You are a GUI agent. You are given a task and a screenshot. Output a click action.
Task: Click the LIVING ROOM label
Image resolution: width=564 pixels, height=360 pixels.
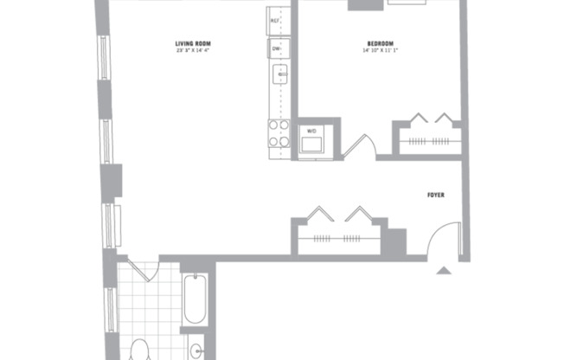tap(193, 43)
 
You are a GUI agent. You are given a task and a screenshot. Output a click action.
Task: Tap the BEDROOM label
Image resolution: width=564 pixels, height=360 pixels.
tap(380, 43)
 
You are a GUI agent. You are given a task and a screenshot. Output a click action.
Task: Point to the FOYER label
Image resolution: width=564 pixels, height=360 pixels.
tap(436, 196)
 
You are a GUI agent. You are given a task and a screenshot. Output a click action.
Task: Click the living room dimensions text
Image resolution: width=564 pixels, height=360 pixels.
tap(193, 50)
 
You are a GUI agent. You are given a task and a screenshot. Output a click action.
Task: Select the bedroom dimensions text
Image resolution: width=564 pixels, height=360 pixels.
tap(380, 50)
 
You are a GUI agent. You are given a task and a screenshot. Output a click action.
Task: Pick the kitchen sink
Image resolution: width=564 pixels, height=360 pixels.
tap(279, 77)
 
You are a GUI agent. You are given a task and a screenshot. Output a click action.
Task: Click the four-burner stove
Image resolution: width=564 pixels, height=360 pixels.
tap(279, 133)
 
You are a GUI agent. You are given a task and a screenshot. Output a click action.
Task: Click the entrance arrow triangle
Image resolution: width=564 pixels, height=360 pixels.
tap(444, 270)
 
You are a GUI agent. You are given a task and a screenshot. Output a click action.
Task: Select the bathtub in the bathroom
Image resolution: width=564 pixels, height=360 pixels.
tap(195, 299)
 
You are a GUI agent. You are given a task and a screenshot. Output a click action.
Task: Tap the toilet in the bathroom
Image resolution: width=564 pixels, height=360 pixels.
tap(138, 350)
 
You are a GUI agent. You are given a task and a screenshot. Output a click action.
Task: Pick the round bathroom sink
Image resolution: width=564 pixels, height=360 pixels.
tap(196, 351)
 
